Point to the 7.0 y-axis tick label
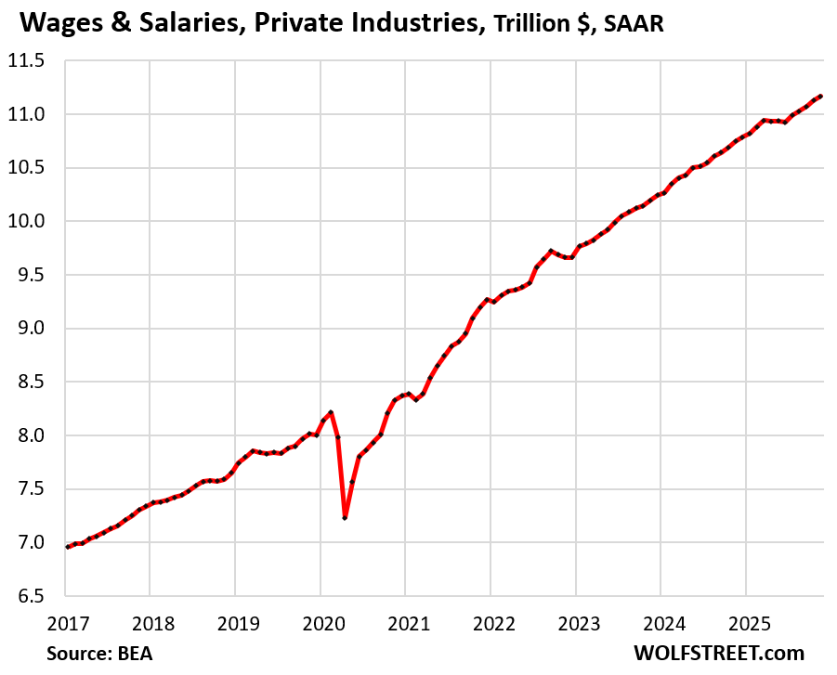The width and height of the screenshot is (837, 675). tap(34, 542)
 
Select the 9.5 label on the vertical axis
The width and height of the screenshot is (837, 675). tap(34, 275)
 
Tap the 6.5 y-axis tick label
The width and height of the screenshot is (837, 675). tap(34, 595)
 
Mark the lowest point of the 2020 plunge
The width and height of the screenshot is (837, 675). tap(345, 517)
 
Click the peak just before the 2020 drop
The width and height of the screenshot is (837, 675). tap(331, 412)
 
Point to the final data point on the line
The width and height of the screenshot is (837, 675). tap(820, 96)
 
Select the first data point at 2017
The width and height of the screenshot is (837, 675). tap(68, 547)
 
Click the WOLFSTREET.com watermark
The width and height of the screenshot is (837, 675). tap(718, 653)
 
